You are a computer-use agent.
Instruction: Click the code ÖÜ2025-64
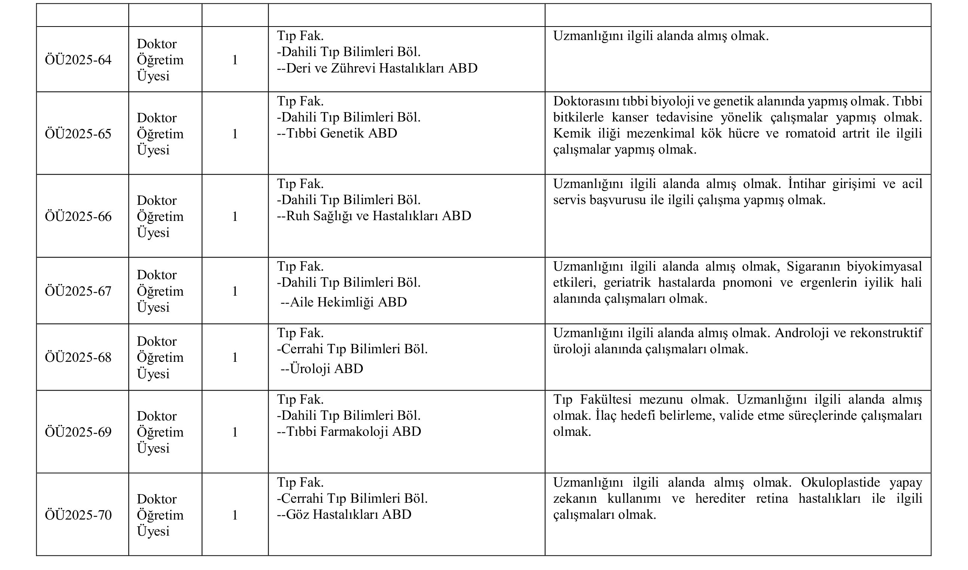78,60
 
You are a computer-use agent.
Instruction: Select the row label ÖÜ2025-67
78,291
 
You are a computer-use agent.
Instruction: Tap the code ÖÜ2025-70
78,515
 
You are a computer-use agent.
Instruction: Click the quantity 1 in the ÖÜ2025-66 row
235,217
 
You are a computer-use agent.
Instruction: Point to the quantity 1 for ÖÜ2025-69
235,432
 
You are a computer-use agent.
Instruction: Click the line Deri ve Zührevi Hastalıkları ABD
377,68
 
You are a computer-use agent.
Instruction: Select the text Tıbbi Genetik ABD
337,133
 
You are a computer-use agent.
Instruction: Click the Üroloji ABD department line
322,369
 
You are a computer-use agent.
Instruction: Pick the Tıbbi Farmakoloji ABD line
349,432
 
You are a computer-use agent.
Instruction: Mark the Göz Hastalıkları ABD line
344,515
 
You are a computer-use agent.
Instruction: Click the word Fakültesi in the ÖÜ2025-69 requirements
606,400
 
